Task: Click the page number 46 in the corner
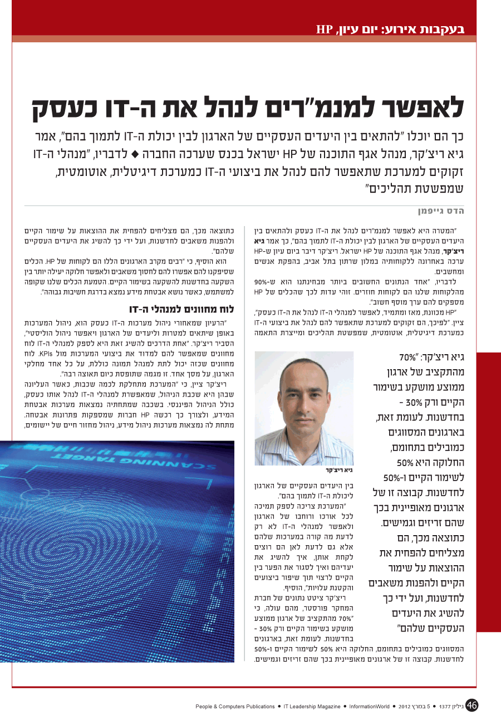(471, 705)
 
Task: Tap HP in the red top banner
(325, 29)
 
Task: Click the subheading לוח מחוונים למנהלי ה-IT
(182, 309)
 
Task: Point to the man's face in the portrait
(304, 395)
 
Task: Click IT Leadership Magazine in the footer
(312, 707)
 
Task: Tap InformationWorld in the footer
(370, 707)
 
